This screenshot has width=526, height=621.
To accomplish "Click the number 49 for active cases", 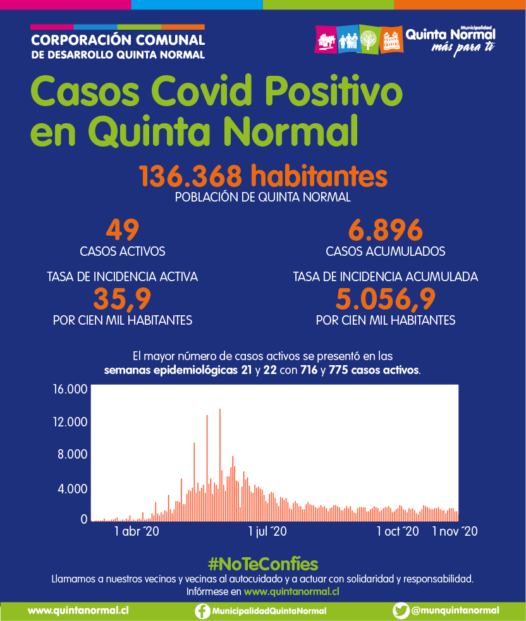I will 123,230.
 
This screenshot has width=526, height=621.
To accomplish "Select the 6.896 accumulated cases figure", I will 385,230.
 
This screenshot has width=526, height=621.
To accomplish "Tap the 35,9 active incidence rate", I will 123,298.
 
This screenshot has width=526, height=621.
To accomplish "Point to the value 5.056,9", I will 385,298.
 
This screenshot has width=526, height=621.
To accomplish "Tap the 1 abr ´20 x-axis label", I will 137,531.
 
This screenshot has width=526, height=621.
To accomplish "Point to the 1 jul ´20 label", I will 267,531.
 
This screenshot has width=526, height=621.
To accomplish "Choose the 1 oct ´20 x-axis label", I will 398,531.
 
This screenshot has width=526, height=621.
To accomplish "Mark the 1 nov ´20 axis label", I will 454,531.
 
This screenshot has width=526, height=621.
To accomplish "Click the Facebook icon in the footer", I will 202,611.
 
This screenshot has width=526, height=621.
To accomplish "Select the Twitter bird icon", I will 401,611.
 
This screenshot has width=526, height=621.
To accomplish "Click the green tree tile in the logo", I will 368,40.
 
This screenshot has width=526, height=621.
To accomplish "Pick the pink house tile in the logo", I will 326,40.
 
